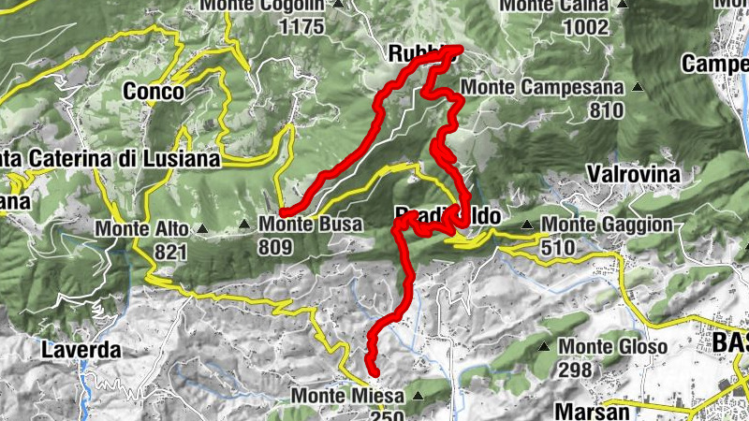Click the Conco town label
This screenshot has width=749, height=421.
tap(154, 94)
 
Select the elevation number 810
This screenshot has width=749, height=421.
tap(607, 110)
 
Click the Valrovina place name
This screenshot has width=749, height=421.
tap(632, 173)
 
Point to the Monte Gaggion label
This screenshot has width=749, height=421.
tap(608, 225)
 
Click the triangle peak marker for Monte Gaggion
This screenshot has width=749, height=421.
tap(528, 225)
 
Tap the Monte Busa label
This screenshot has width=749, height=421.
tap(304, 225)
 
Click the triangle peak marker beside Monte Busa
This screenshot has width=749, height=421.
tap(245, 224)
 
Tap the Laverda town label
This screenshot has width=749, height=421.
tap(82, 351)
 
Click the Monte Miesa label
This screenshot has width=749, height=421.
tap(346, 396)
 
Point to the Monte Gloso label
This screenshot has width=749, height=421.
tap(612, 346)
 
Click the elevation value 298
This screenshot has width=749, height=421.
tap(575, 370)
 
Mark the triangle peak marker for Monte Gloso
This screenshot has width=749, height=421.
tap(544, 346)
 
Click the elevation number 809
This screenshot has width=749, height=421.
tap(277, 248)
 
